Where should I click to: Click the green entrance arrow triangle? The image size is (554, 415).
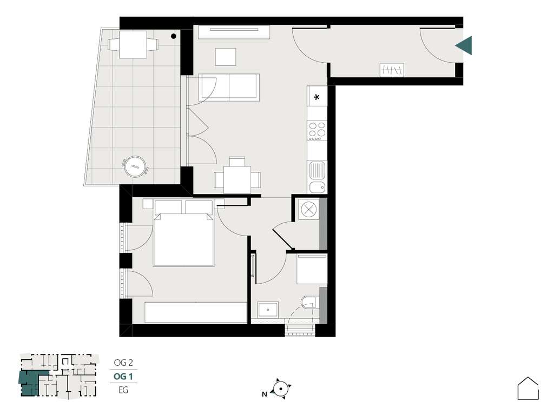(x=464, y=45)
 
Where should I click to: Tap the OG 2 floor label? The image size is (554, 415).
(x=123, y=363)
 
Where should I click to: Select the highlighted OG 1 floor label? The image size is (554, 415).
(x=123, y=376)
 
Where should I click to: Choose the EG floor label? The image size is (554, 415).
(x=123, y=390)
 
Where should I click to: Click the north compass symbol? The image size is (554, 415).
(x=281, y=389)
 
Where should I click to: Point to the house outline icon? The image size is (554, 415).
(x=528, y=389)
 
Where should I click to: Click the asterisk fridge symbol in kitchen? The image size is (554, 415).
(x=317, y=98)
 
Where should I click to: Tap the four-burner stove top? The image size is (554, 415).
(x=317, y=131)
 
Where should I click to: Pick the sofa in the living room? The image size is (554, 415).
(x=229, y=87)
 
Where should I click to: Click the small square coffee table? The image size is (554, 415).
(x=226, y=57)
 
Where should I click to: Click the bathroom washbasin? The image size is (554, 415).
(x=268, y=310)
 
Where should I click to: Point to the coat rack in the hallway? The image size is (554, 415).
(x=392, y=69)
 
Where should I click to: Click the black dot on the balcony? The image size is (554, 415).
(x=174, y=37)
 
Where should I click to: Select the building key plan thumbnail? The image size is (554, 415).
(x=58, y=376)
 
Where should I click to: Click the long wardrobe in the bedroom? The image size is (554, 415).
(x=196, y=312)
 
